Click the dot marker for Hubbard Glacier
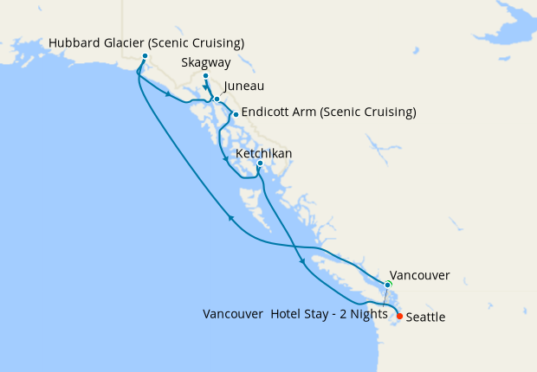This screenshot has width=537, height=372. click(x=144, y=57)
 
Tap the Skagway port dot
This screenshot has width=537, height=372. click(x=205, y=77)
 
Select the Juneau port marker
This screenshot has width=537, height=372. click(x=217, y=99)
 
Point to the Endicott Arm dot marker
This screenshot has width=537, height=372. click(x=235, y=114)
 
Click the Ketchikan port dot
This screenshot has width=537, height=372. click(x=260, y=164)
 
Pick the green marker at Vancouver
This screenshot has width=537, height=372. click(x=388, y=284)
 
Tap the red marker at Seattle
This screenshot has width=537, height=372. click(x=398, y=316)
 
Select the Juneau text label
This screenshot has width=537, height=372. click(x=243, y=87)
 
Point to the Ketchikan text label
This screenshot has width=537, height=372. click(x=263, y=153)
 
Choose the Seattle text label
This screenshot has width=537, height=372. click(x=425, y=317)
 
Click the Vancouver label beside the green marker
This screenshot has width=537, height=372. click(x=420, y=275)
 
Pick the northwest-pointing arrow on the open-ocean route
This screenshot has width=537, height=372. click(x=230, y=219)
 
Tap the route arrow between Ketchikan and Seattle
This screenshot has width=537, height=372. click(x=301, y=260)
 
